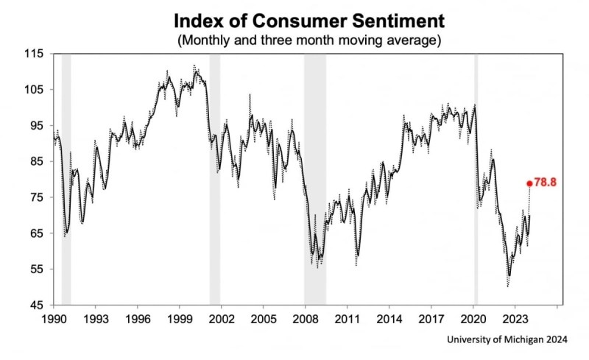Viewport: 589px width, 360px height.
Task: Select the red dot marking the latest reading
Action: [x=529, y=183]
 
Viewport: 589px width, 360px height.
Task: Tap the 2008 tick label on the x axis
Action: [x=305, y=319]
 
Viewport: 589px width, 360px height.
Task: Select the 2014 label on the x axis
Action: [x=389, y=319]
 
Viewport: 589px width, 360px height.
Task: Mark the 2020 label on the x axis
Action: [x=473, y=319]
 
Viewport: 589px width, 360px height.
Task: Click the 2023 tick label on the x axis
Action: [x=515, y=319]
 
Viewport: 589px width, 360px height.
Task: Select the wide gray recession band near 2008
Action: [x=315, y=177]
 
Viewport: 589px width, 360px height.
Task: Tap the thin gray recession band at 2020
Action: [x=476, y=177]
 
